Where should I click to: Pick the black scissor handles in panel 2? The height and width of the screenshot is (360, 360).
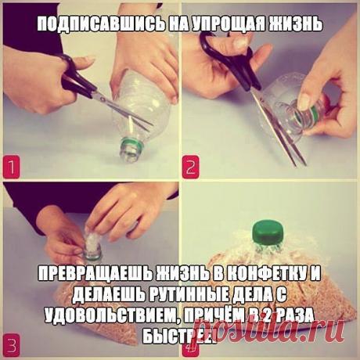231,52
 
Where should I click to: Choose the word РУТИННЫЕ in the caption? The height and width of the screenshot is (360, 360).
175,296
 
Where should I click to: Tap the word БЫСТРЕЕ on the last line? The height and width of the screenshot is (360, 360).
179,334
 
